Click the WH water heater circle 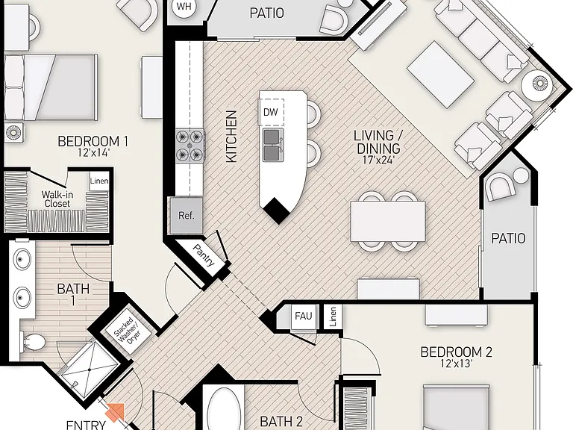pos(184,7)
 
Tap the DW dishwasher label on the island pos(270,112)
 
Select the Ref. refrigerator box pos(186,216)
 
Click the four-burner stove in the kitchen pos(190,146)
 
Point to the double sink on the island pos(272,145)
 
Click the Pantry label pos(204,255)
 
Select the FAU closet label pos(304,316)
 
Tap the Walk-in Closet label pos(57,199)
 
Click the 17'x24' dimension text pos(380,160)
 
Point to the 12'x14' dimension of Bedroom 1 pos(93,152)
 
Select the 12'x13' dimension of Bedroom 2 pos(456,364)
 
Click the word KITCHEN pos(231,137)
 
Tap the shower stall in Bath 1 pos(90,370)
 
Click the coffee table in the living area pos(441,75)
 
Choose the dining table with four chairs pos(388,221)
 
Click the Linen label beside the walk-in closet pos(99,181)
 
